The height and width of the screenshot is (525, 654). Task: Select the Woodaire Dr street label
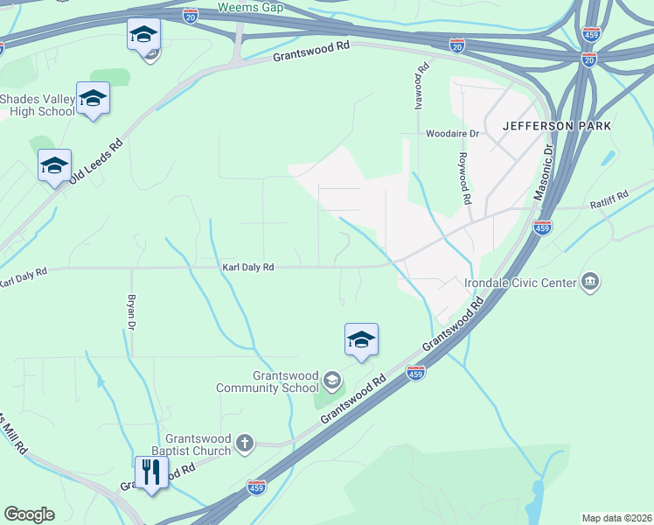tap(453, 134)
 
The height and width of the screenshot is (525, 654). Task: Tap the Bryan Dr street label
tap(132, 312)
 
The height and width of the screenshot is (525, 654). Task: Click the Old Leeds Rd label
tap(95, 159)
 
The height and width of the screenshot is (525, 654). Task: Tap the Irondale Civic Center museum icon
tap(590, 282)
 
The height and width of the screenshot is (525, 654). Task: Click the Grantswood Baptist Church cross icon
tap(244, 444)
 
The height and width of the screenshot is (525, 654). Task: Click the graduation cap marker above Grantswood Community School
tap(361, 339)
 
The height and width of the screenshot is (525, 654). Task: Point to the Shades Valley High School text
tap(38, 105)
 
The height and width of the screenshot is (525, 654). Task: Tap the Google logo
tap(29, 514)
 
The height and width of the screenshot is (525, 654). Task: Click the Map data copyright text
tap(617, 517)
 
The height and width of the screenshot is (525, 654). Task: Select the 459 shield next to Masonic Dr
tap(542, 227)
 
